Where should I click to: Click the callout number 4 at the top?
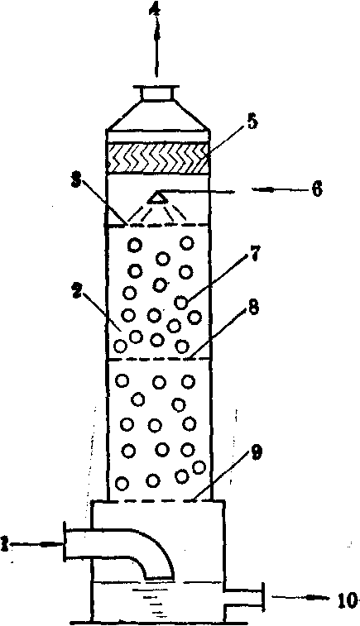click(156, 9)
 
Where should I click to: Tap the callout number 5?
click(252, 122)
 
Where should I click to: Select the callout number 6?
click(316, 189)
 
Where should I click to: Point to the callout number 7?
click(255, 253)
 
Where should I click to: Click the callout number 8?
click(252, 308)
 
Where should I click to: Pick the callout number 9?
click(256, 452)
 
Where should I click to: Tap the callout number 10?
click(347, 601)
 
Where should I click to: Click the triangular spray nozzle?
click(157, 197)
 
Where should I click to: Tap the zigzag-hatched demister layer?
click(159, 158)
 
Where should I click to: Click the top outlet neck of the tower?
click(157, 93)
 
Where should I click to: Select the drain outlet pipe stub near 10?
click(244, 596)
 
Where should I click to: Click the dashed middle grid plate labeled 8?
click(159, 359)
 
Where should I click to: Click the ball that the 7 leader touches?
click(181, 303)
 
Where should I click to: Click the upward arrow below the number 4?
click(156, 47)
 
